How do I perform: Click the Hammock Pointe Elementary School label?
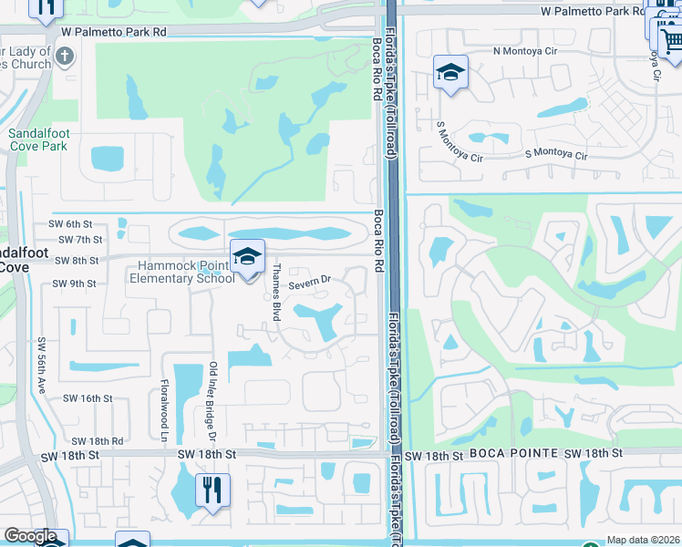(x=187, y=272)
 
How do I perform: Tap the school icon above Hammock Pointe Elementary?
(x=247, y=257)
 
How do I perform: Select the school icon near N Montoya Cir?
(x=450, y=72)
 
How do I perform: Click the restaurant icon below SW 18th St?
(x=212, y=490)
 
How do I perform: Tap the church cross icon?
(x=63, y=57)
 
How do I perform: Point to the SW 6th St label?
(x=70, y=223)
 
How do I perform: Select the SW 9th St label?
(x=74, y=284)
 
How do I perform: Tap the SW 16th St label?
(x=87, y=398)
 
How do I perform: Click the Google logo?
(x=29, y=536)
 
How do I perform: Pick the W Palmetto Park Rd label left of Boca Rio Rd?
(x=114, y=31)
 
